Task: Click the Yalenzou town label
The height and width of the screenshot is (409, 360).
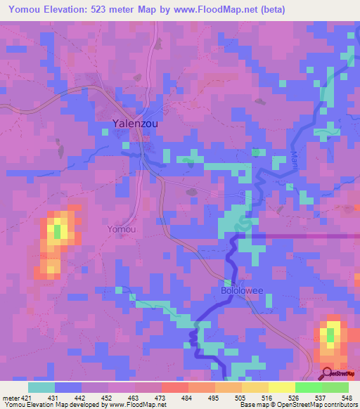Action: pos(135,123)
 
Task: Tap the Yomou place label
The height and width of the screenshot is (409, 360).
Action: pos(121,229)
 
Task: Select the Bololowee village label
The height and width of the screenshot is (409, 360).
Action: pos(238,290)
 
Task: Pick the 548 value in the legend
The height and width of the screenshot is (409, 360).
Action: pos(348,398)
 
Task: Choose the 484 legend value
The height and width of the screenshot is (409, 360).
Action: pos(188,398)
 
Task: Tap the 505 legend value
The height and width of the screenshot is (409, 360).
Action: pos(241,398)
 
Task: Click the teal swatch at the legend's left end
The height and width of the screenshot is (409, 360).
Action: pos(41,387)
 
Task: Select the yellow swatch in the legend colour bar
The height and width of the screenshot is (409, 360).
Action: pos(281,387)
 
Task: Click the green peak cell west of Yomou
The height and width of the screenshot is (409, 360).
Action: pos(57,230)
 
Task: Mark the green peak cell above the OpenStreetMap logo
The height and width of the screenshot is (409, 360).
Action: pos(330,336)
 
